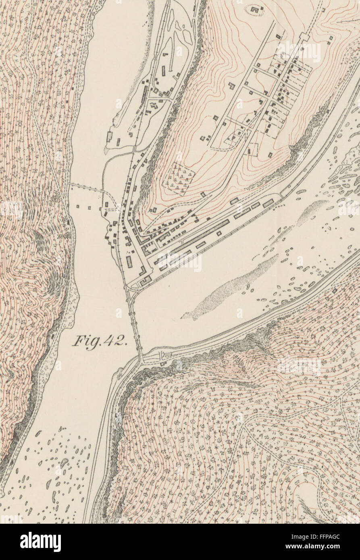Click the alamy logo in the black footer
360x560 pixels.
(40, 541)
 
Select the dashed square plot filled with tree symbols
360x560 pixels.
(179, 177)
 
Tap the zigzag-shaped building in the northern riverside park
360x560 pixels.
(154, 106)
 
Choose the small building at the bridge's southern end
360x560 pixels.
(162, 364)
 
